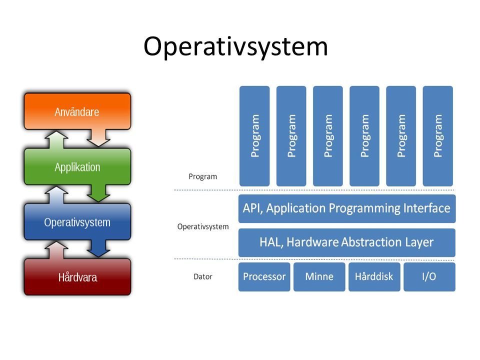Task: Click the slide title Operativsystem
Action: [x=235, y=47]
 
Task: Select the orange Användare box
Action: [x=77, y=111]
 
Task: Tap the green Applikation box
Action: [x=77, y=167]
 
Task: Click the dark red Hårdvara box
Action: [x=77, y=276]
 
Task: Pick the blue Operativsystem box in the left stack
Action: [x=77, y=222]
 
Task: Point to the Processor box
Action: [x=264, y=276]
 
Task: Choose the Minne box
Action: [x=319, y=276]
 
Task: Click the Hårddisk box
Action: [x=374, y=276]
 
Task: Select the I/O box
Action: [x=429, y=276]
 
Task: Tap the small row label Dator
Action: [x=202, y=276]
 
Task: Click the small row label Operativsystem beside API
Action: [x=202, y=226]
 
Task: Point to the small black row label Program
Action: [x=202, y=176]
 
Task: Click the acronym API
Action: [x=252, y=208]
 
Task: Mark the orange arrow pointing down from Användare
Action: [x=101, y=136]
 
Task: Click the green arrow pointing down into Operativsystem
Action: [x=101, y=191]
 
